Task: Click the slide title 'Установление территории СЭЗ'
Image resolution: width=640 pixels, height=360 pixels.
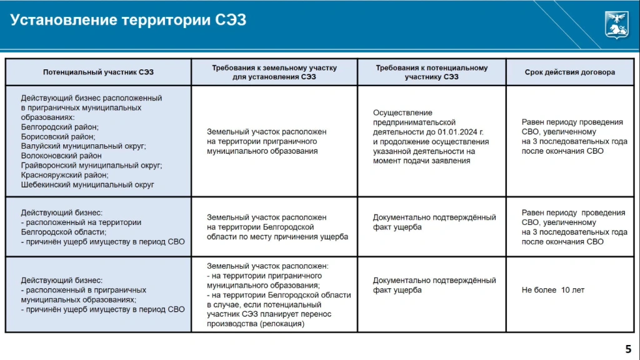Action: click(x=128, y=20)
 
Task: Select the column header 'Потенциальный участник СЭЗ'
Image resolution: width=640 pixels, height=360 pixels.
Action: click(x=98, y=72)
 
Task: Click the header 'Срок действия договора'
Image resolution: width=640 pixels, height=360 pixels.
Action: click(x=569, y=72)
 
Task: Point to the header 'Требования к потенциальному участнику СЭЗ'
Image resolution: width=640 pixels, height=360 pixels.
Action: click(x=431, y=72)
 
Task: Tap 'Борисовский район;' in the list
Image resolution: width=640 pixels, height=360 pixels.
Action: click(x=58, y=136)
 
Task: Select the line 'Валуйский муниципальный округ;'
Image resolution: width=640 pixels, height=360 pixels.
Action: click(x=83, y=146)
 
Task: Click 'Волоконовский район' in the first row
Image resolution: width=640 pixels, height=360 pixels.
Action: click(x=61, y=156)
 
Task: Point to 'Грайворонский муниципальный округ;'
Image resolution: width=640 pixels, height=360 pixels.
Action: click(x=91, y=165)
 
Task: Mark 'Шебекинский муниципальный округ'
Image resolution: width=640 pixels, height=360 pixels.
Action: click(x=87, y=184)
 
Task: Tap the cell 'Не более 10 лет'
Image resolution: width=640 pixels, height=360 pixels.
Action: click(x=553, y=290)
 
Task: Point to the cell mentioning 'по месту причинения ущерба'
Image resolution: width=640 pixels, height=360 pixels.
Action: click(x=277, y=227)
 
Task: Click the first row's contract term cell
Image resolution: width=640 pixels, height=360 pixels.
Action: click(x=574, y=136)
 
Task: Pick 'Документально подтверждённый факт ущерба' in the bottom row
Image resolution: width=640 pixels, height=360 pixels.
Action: click(x=434, y=285)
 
